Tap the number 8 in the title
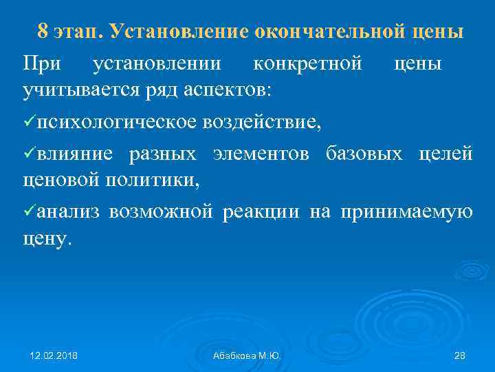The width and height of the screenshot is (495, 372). coord(43,32)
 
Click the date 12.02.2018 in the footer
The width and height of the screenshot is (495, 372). coord(54,355)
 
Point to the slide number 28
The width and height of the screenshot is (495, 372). coord(461,355)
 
